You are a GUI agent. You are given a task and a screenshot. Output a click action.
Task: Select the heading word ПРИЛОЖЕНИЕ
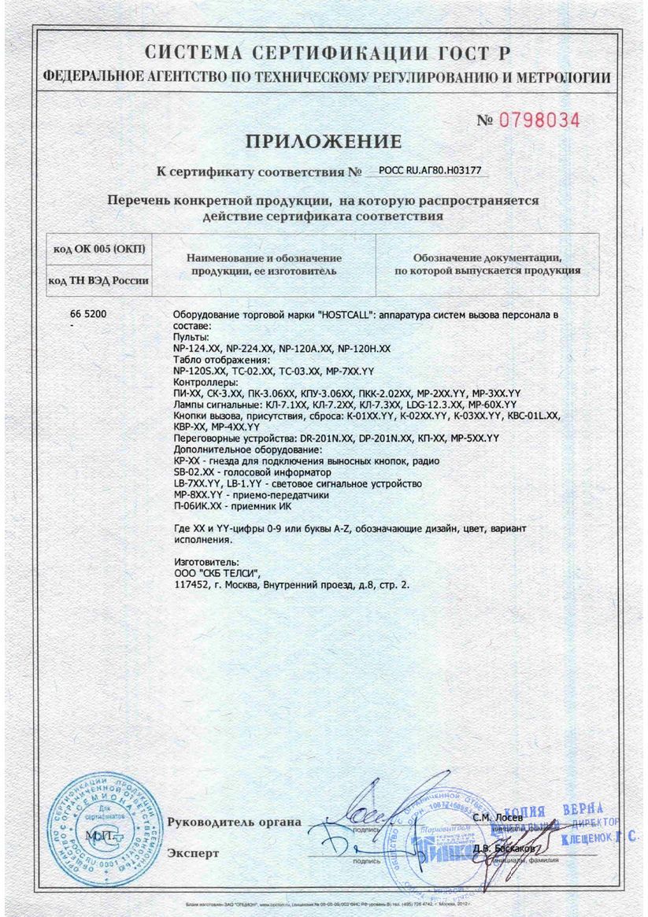pyautogui.click(x=324, y=142)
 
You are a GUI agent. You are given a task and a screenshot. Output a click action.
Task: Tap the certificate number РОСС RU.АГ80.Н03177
pyautogui.click(x=430, y=169)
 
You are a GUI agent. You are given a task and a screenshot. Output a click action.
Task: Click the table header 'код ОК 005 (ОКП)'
pyautogui.click(x=98, y=250)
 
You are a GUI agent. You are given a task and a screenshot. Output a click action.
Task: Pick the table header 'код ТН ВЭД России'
pyautogui.click(x=98, y=279)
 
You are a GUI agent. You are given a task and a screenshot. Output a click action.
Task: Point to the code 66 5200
pyautogui.click(x=88, y=314)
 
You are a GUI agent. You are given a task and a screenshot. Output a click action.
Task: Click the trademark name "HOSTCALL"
pyautogui.click(x=344, y=315)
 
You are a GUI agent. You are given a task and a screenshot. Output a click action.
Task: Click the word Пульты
pyautogui.click(x=187, y=336)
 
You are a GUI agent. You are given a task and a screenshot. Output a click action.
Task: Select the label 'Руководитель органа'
pyautogui.click(x=234, y=822)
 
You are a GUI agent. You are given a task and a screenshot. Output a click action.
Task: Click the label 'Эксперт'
pyautogui.click(x=193, y=852)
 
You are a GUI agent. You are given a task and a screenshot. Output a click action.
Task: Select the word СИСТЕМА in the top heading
pyautogui.click(x=194, y=53)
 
